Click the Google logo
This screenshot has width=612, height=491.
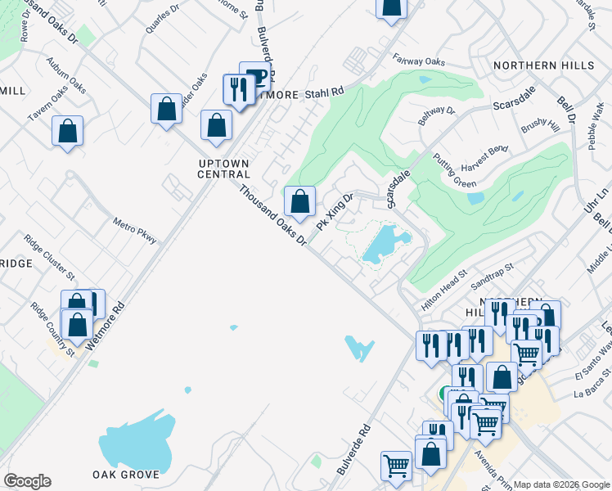27,481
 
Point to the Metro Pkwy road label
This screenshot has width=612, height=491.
135,231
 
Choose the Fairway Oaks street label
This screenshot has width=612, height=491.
418,61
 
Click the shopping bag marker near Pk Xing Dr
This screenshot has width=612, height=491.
300,201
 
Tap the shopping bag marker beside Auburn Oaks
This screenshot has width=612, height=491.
67,130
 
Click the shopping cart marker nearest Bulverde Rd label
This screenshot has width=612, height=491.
396,466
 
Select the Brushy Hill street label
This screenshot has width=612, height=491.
539,126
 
